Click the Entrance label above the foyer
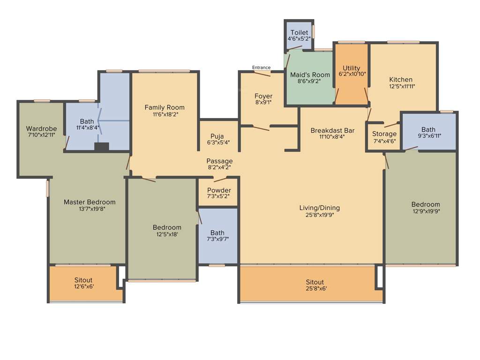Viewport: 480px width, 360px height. point(261,67)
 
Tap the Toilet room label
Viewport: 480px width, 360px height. point(299,32)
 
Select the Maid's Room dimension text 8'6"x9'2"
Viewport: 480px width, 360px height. point(310,81)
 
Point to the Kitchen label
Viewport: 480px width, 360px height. point(401,79)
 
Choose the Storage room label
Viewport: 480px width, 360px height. point(384,134)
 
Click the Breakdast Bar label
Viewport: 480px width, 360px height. point(332,130)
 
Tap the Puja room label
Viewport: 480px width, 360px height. point(217,136)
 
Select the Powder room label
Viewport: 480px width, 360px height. point(219,190)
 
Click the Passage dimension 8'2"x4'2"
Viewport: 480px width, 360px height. point(219,167)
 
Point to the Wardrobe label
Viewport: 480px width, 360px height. point(41,128)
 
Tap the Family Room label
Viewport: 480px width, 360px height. point(164,107)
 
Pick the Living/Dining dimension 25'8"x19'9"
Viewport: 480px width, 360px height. point(319,215)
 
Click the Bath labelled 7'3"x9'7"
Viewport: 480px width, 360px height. point(217,232)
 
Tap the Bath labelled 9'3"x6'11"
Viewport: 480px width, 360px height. point(428,129)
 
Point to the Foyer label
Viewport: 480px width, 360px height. point(263,96)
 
